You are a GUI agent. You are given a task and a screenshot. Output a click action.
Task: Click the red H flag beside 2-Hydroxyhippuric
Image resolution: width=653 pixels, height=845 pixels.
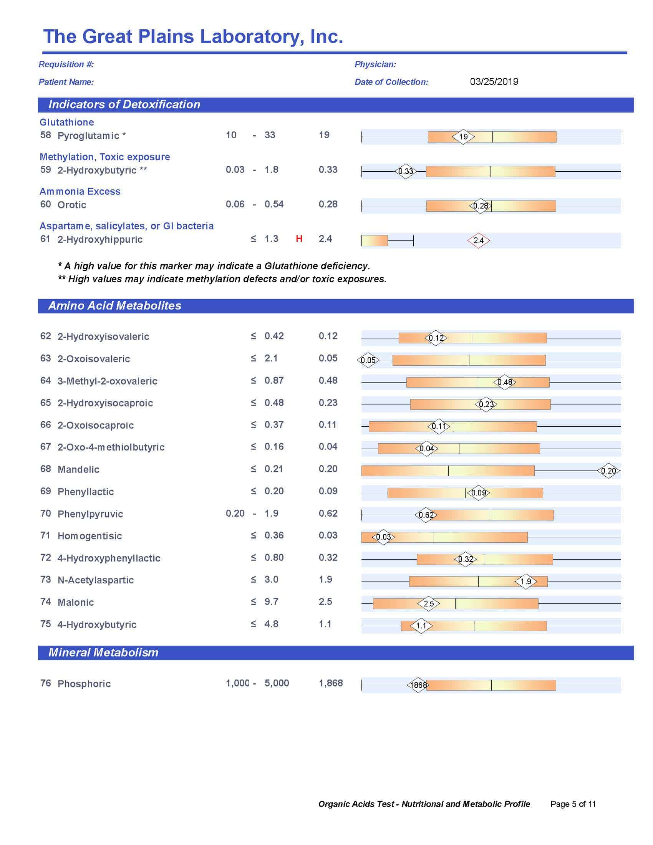click(298, 239)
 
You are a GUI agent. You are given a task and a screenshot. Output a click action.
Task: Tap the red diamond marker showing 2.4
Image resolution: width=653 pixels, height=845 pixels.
click(479, 240)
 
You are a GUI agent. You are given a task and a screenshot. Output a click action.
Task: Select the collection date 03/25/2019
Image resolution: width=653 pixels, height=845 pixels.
click(494, 82)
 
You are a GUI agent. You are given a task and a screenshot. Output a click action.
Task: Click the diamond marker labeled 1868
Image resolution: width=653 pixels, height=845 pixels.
click(418, 685)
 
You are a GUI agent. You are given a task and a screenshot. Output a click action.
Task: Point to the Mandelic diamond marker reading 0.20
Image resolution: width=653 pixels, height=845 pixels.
click(608, 471)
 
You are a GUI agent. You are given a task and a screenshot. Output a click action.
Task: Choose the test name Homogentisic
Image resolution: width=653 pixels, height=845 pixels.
click(89, 536)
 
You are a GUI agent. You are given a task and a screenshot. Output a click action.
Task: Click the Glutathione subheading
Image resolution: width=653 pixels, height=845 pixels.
click(66, 122)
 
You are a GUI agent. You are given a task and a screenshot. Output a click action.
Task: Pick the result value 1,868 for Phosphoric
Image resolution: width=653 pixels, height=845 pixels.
click(330, 683)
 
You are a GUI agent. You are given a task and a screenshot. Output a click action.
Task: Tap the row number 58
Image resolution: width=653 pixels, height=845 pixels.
click(46, 135)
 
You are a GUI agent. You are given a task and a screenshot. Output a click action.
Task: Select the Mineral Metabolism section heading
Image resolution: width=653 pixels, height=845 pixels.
click(103, 652)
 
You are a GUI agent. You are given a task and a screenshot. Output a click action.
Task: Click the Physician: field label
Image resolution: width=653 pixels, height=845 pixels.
click(375, 64)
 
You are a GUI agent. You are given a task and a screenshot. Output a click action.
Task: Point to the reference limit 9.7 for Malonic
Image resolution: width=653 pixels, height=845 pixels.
click(271, 601)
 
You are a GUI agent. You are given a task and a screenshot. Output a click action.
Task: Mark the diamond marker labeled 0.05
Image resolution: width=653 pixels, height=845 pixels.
click(368, 360)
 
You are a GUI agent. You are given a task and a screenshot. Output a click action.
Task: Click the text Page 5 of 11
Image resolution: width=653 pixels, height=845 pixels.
click(573, 804)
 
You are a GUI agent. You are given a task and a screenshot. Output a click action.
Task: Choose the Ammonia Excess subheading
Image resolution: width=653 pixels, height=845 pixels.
click(80, 192)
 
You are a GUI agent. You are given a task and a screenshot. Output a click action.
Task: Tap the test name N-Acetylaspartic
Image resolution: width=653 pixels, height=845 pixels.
click(96, 580)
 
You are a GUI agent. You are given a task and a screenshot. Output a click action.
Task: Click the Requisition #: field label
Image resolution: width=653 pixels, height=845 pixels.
click(66, 64)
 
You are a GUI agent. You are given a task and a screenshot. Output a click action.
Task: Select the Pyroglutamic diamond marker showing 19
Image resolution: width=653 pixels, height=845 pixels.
click(463, 137)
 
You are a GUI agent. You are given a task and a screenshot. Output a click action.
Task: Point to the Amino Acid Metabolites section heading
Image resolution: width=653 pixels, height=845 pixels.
click(114, 306)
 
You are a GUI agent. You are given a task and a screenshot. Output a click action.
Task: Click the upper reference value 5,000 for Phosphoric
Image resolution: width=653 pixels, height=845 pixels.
click(277, 683)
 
